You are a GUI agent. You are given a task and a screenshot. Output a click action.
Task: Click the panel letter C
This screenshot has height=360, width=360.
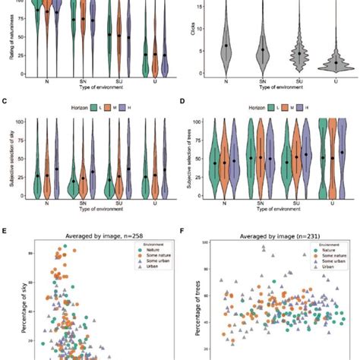[x=6, y=99]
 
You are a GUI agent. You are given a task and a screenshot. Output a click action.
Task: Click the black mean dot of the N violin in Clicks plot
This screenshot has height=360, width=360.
[x=226, y=46]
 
